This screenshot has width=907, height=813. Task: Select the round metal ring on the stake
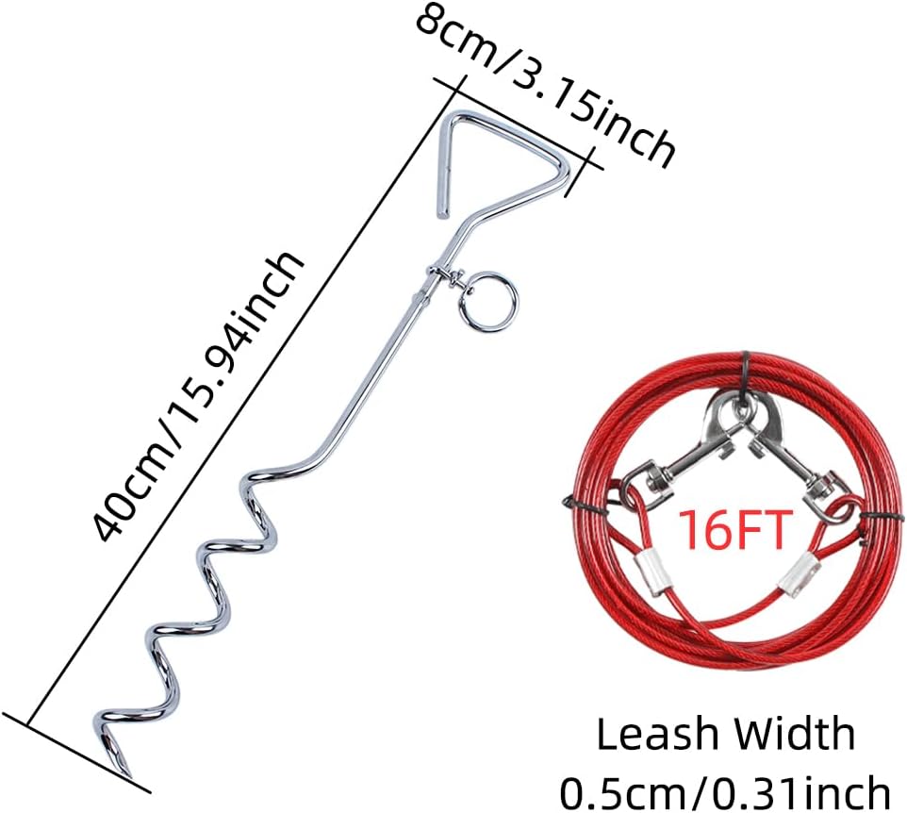[x=487, y=303]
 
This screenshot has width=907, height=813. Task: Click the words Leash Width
[x=725, y=735]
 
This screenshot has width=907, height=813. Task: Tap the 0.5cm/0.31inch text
[x=725, y=788]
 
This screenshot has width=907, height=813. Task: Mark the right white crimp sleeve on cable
[x=798, y=572]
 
